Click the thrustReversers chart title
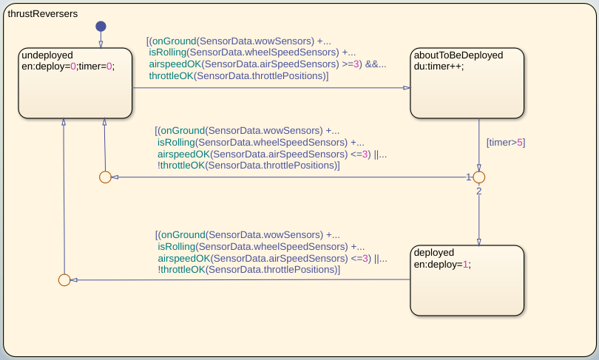pyautogui.click(x=42, y=14)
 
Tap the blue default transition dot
pyautogui.click(x=101, y=27)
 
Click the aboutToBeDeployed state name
pyautogui.click(x=458, y=55)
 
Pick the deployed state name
pyautogui.click(x=435, y=252)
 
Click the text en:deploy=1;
pyautogui.click(x=441, y=264)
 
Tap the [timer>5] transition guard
pyautogui.click(x=505, y=142)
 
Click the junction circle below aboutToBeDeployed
pyautogui.click(x=478, y=177)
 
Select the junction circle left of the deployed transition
pyautogui.click(x=64, y=280)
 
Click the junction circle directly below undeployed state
pyautogui.click(x=105, y=177)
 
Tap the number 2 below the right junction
pyautogui.click(x=478, y=191)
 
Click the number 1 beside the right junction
pyautogui.click(x=469, y=177)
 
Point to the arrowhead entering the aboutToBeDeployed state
pyautogui.click(x=406, y=88)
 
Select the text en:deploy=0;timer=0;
pyautogui.click(x=68, y=66)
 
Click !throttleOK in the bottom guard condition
pyautogui.click(x=181, y=270)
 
